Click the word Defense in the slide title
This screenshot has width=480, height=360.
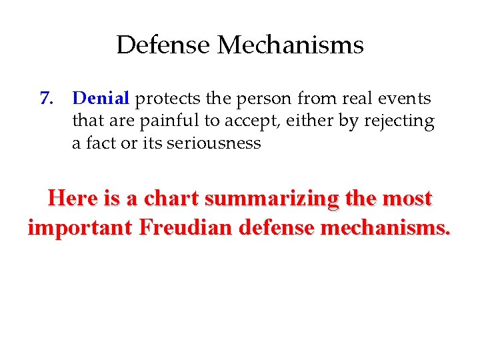164,45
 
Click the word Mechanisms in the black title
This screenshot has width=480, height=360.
291,45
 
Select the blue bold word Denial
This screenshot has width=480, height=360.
101,99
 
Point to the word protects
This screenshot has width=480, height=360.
168,99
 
